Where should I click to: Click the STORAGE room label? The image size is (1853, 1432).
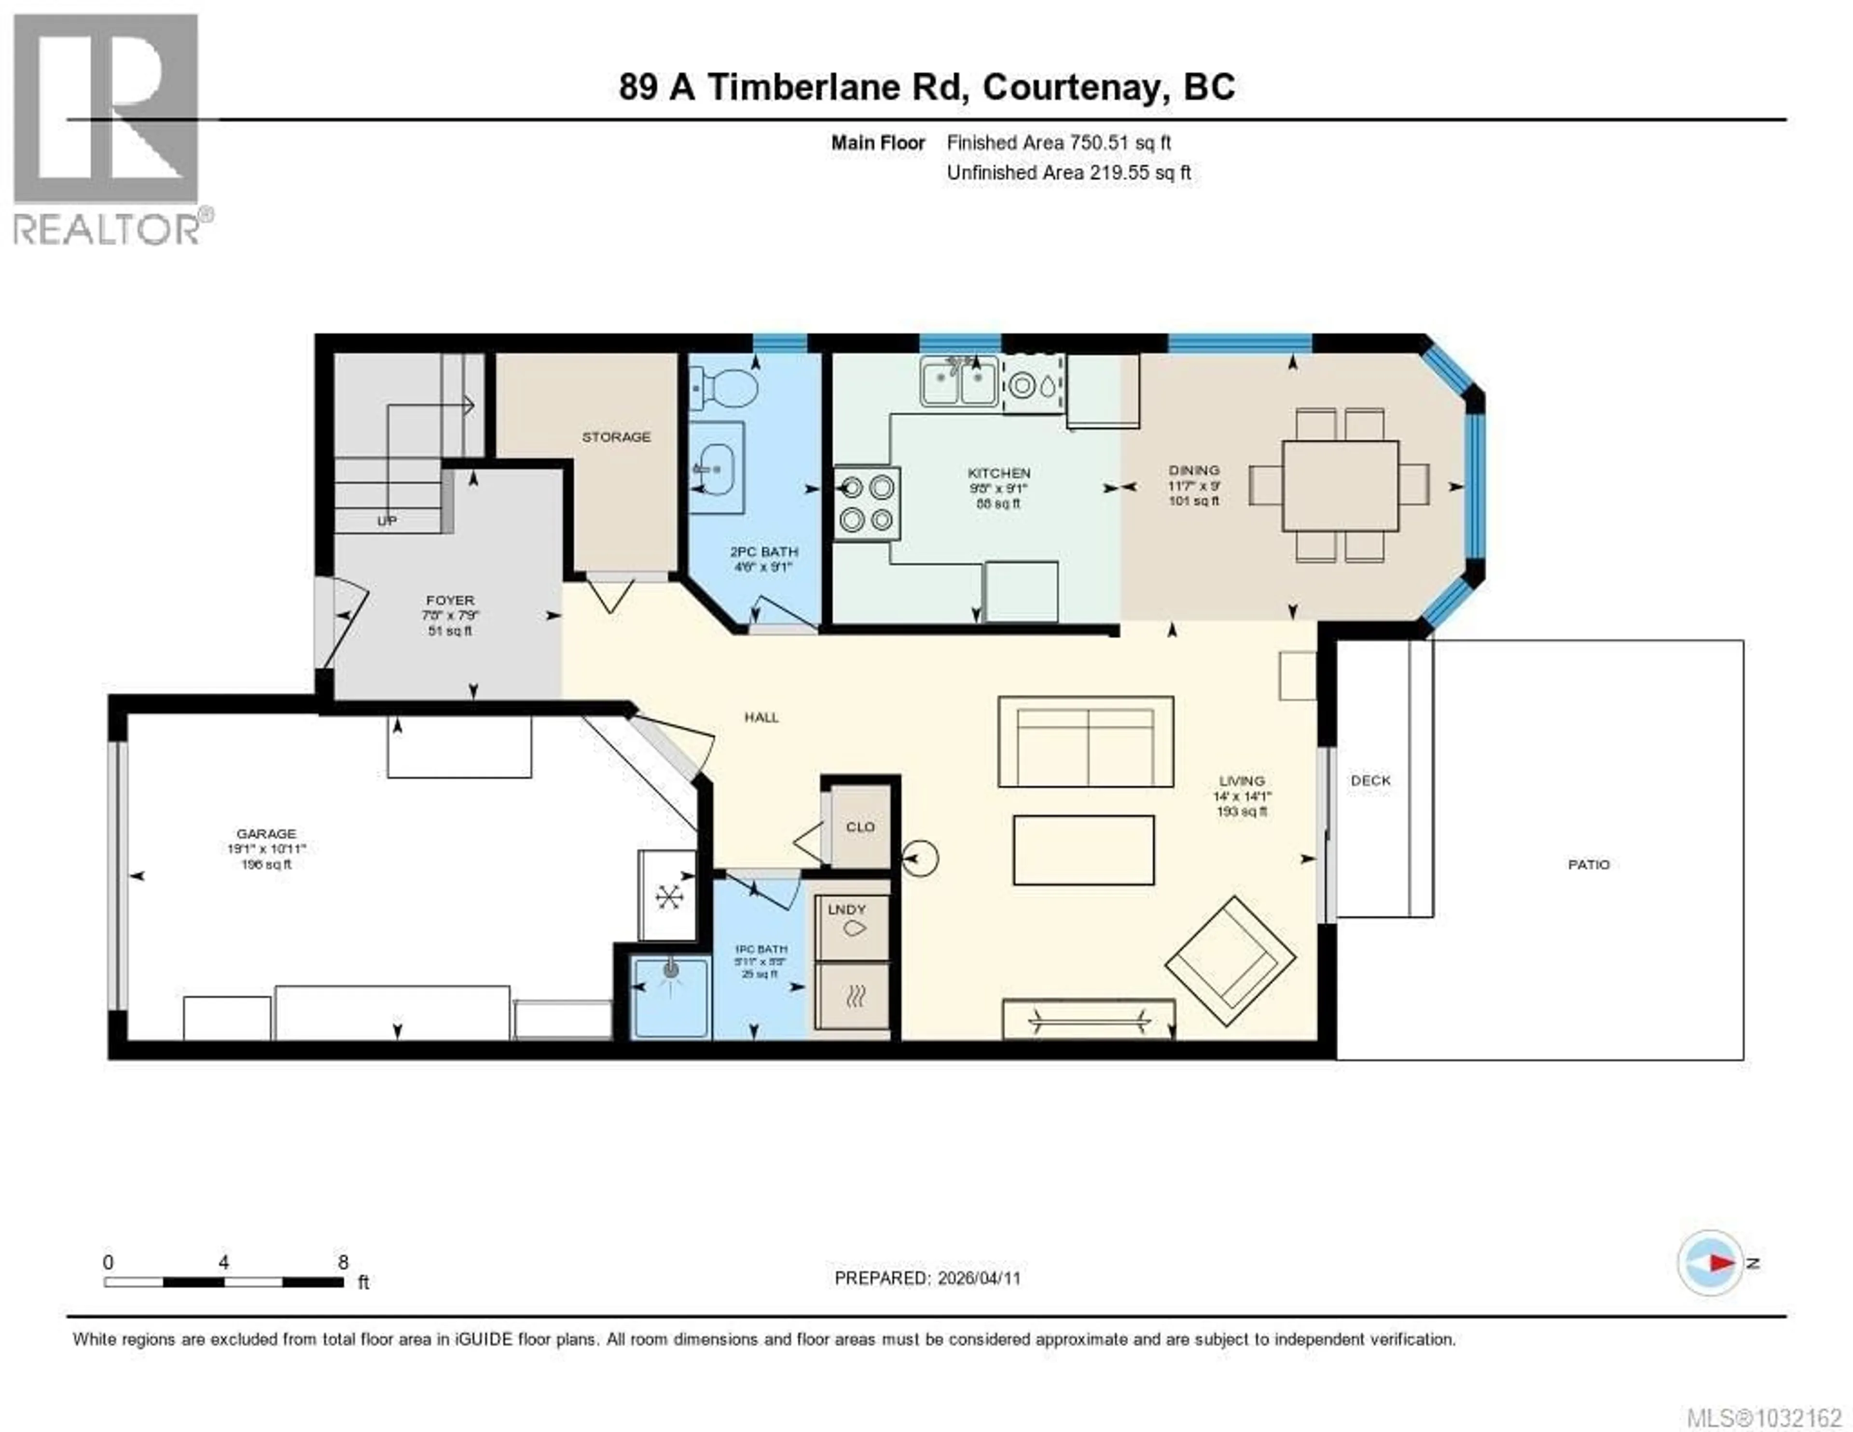pos(616,437)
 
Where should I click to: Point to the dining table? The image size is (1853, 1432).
pos(1340,486)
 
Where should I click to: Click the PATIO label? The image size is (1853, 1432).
pos(1588,864)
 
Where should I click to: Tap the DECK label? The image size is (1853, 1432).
pos(1370,780)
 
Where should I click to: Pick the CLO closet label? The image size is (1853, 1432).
pos(859,827)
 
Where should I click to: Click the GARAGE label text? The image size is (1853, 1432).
pos(266,834)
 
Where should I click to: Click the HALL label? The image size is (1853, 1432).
pos(761,717)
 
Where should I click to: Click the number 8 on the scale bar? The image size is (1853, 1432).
pos(343,1262)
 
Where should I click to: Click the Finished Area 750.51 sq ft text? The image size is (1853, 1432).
pos(1058,142)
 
